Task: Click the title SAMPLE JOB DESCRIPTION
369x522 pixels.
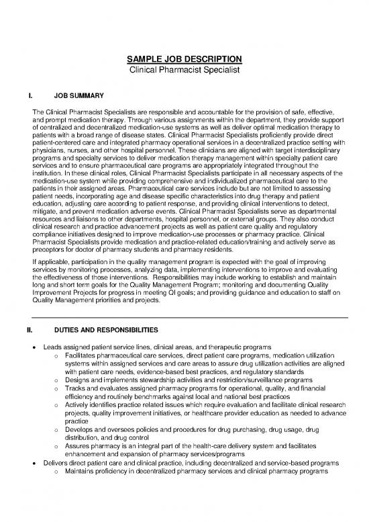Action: click(184, 58)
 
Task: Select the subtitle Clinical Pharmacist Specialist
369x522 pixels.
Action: click(184, 69)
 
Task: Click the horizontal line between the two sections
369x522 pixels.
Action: click(184, 316)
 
